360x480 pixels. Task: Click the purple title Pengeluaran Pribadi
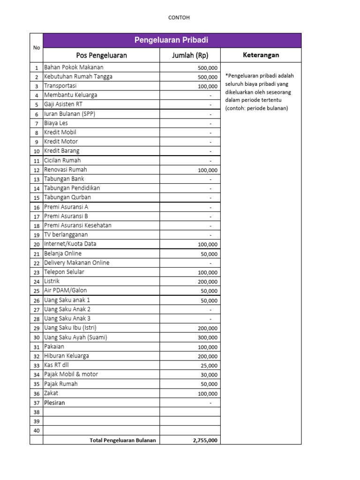[171, 40]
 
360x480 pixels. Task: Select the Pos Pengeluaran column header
[101, 55]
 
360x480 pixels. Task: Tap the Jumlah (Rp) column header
[190, 55]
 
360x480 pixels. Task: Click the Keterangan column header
[261, 55]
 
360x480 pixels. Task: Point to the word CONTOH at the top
[179, 18]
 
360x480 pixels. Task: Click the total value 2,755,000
[205, 440]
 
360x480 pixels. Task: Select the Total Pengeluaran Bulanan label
[122, 440]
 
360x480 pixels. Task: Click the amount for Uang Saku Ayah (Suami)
[207, 337]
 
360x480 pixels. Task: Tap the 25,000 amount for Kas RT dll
[209, 366]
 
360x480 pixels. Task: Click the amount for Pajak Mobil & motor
[209, 375]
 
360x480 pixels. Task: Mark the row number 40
[37, 431]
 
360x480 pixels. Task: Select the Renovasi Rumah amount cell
[207, 170]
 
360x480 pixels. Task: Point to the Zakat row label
[51, 393]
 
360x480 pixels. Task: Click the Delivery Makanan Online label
[76, 263]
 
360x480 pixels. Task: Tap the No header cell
[37, 47]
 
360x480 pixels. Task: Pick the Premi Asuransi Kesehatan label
[77, 225]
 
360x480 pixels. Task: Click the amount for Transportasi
[207, 86]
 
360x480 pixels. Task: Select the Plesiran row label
[54, 403]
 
